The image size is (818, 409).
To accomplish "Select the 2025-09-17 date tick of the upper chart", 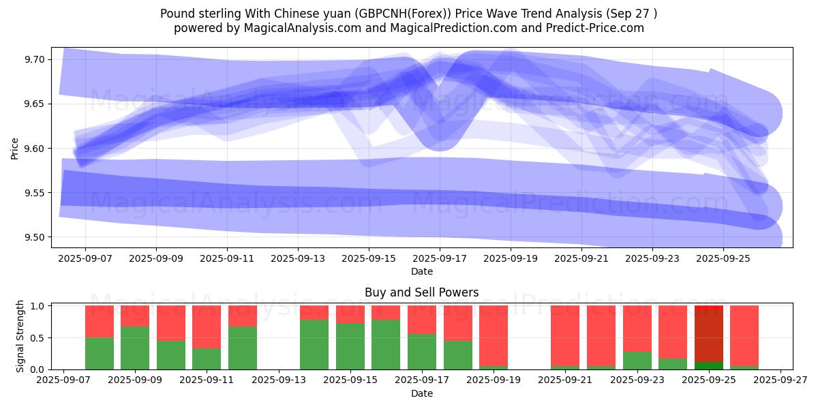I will (440, 259).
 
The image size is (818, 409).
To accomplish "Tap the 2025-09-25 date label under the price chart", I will (723, 259).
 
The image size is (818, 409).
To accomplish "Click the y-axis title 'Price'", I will (15, 148).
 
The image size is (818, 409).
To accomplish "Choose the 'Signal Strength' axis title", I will (20, 336).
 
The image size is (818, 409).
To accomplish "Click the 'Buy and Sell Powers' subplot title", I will (421, 292).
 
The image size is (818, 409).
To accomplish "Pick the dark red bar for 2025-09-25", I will (709, 334).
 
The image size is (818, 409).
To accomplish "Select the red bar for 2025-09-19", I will (494, 335).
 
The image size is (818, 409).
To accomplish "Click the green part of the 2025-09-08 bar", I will (100, 353).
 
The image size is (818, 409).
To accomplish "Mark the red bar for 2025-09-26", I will (744, 335).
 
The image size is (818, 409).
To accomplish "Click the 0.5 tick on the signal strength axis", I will (38, 337).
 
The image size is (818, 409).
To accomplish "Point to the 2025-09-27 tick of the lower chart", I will (781, 380).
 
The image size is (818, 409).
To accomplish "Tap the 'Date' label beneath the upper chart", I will (421, 272).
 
